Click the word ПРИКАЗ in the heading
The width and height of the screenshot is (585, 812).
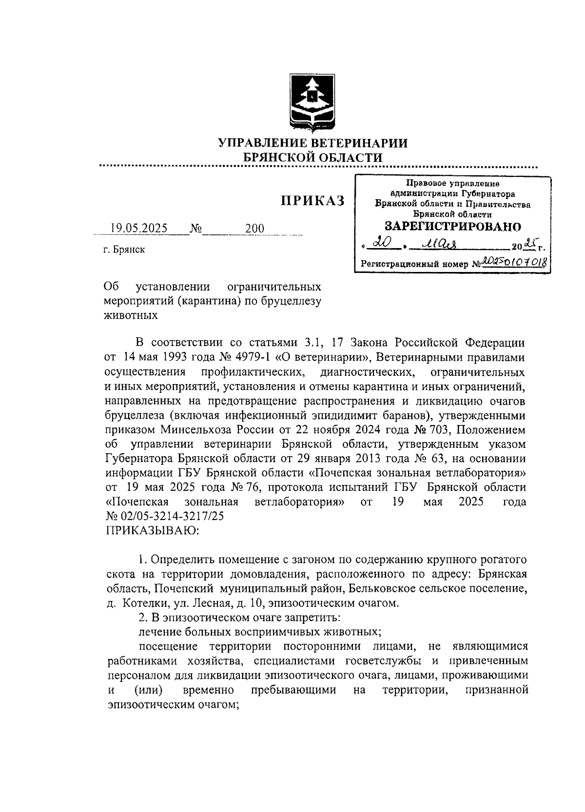312,200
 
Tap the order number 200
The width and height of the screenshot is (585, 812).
254,228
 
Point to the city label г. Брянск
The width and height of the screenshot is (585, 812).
124,250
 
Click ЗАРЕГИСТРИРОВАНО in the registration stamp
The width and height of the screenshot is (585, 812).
452,226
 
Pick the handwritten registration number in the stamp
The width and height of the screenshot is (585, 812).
514,263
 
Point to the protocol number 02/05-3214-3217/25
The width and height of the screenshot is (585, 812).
171,517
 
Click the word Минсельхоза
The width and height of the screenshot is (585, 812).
197,430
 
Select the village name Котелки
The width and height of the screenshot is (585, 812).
145,603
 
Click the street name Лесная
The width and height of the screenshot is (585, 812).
211,603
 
